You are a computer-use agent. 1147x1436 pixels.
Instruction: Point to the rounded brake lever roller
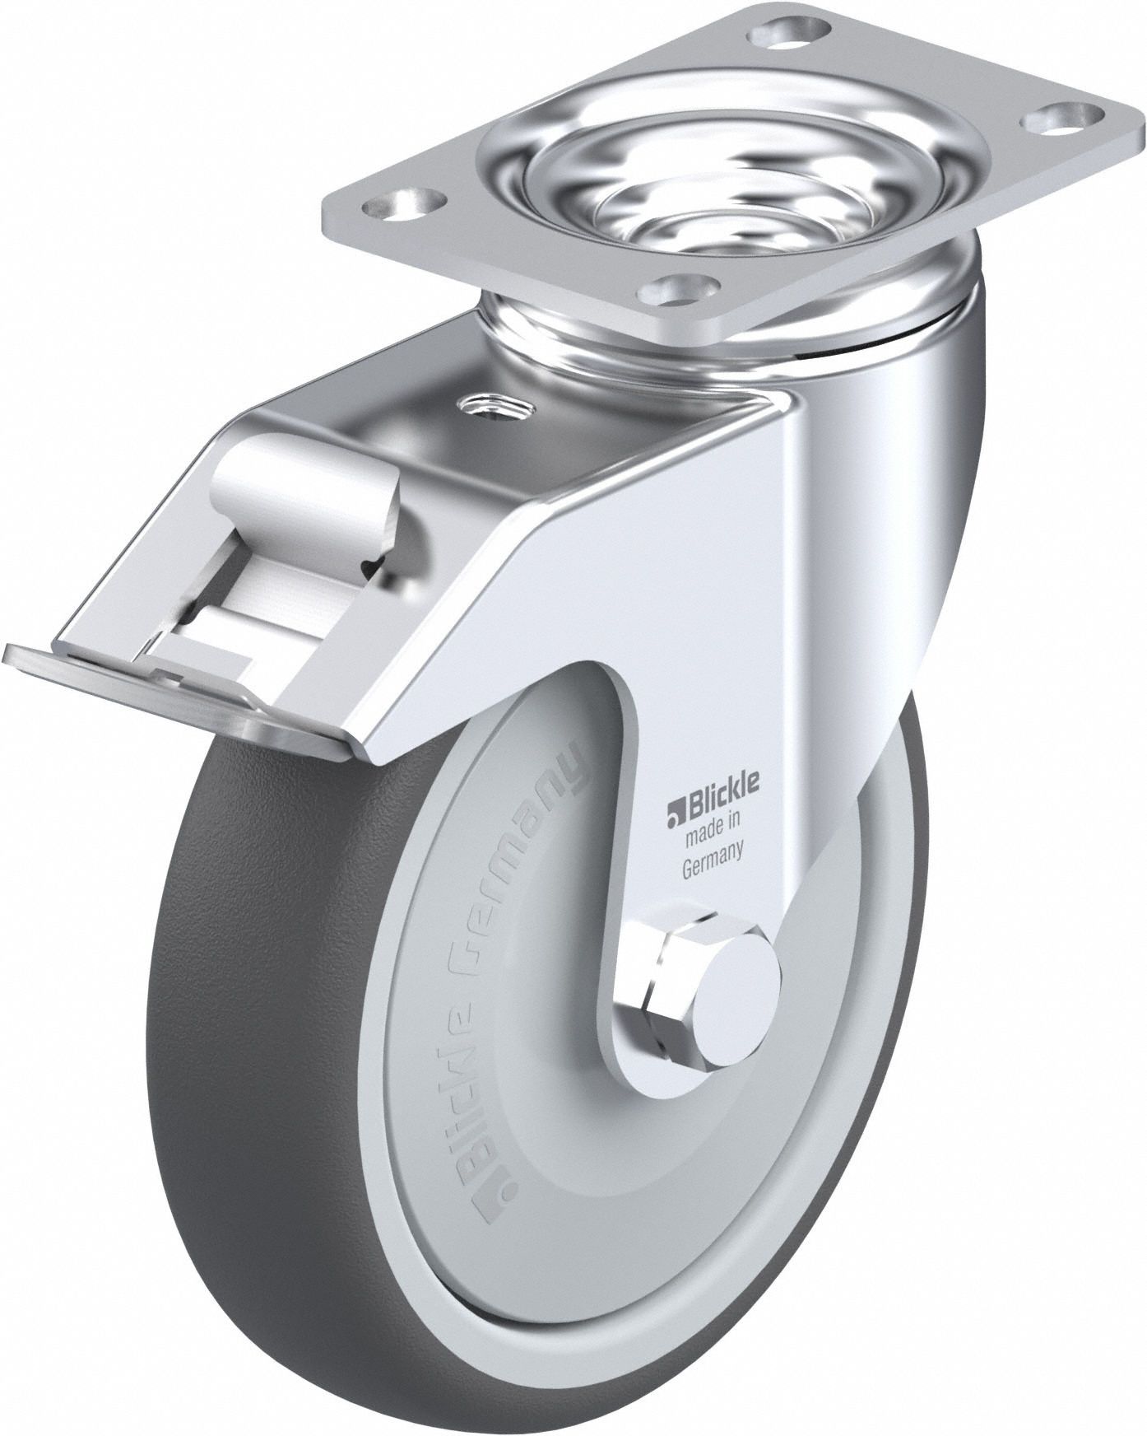pyautogui.click(x=280, y=482)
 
